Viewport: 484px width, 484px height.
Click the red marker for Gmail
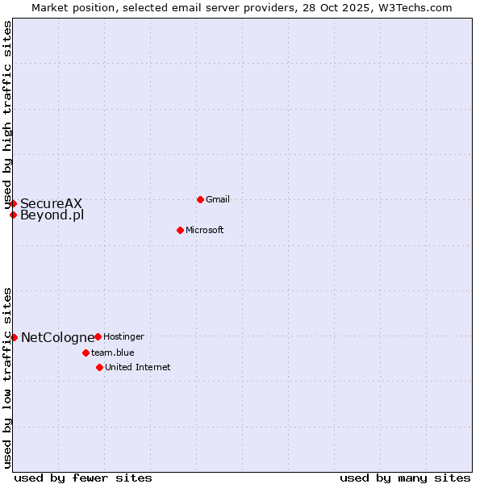click(200, 199)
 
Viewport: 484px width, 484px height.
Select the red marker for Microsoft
click(180, 230)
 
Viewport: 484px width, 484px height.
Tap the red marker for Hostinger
click(98, 336)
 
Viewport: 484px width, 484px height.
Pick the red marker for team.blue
click(86, 353)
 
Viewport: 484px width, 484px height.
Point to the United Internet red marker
click(99, 367)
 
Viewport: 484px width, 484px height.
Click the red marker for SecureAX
click(13, 203)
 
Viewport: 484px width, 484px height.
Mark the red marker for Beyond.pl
click(13, 215)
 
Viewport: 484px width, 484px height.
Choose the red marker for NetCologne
click(14, 337)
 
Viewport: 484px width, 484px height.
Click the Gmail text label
click(218, 199)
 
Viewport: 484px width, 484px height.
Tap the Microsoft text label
click(205, 230)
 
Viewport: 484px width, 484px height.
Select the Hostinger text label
click(123, 336)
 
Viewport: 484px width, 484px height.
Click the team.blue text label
click(113, 353)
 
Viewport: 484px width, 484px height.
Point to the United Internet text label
click(138, 367)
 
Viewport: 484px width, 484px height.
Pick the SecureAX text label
click(52, 203)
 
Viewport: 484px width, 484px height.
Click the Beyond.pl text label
click(52, 215)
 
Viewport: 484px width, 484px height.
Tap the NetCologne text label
click(58, 337)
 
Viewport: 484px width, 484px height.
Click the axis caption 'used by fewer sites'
click(83, 478)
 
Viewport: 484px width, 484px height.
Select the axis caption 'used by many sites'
click(405, 478)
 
